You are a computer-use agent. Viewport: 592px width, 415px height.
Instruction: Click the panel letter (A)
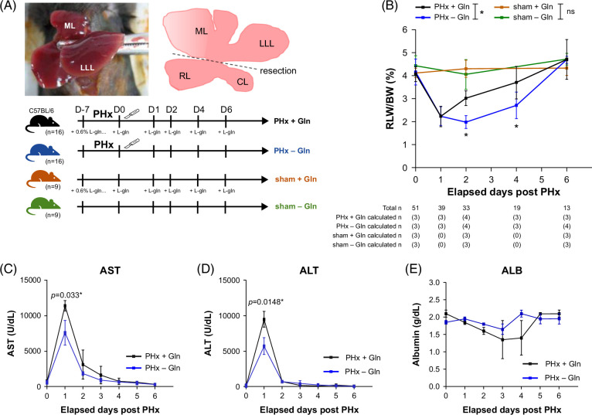tap(10, 7)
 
